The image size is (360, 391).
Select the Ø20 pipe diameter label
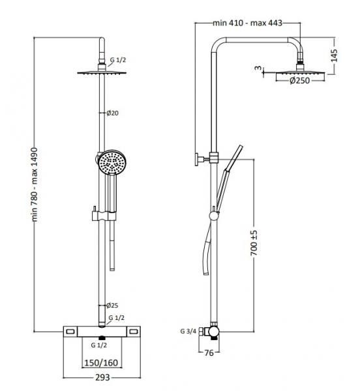pyautogui.click(x=113, y=113)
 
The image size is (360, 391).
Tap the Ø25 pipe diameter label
pyautogui.click(x=113, y=305)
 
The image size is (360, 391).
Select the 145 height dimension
pyautogui.click(x=334, y=55)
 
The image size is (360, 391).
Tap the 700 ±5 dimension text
pyautogui.click(x=256, y=242)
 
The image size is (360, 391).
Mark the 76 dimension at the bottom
pyautogui.click(x=210, y=354)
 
